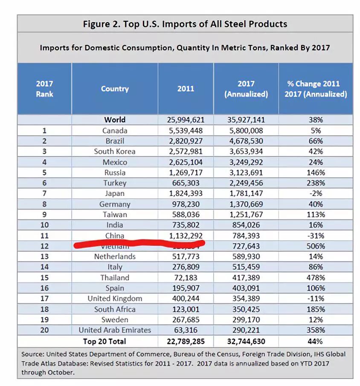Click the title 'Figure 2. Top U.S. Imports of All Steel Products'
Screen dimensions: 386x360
pos(185,24)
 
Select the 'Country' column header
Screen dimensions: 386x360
pos(115,89)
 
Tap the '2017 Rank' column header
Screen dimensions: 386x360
pos(44,89)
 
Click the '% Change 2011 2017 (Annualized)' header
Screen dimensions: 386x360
pos(316,89)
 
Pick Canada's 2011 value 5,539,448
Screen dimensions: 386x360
pos(185,131)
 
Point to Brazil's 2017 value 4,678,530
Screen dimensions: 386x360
pos(246,141)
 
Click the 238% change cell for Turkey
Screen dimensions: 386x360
pos(316,183)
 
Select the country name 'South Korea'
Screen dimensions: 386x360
pos(115,152)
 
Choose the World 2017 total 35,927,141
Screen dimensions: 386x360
pos(246,120)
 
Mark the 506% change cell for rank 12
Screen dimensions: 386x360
pos(316,246)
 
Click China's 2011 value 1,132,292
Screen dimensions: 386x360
pos(185,236)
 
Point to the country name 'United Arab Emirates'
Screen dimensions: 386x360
pos(115,330)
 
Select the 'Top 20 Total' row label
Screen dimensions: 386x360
pos(105,341)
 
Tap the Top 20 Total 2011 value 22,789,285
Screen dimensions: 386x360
pos(185,341)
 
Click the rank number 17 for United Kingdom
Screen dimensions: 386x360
pos(44,299)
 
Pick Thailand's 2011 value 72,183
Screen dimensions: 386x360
pos(185,278)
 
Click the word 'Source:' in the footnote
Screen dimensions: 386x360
pos(32,354)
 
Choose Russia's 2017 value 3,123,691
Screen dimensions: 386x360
pos(246,173)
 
